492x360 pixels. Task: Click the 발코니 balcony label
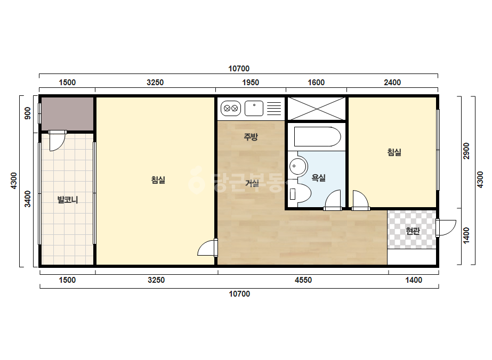pos(68,200)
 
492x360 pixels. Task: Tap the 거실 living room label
pos(252,183)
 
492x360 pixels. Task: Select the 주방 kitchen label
pos(251,137)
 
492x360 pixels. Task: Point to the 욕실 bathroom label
pos(318,178)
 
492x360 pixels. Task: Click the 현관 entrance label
pos(413,231)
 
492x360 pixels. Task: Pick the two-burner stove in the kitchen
pos(231,109)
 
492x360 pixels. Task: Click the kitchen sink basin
pos(254,109)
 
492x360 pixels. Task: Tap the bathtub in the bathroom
pos(317,137)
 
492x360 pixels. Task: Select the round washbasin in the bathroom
pos(299,166)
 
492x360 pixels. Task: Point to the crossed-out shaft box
pos(317,109)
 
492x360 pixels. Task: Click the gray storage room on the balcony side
pos(68,113)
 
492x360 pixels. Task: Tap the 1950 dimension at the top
pos(251,83)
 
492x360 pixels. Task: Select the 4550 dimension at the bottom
pos(303,280)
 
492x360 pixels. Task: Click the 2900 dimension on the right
pos(466,151)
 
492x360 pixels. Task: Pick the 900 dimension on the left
pos(28,113)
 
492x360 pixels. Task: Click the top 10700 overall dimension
pos(239,69)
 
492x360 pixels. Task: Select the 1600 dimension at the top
pos(316,83)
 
